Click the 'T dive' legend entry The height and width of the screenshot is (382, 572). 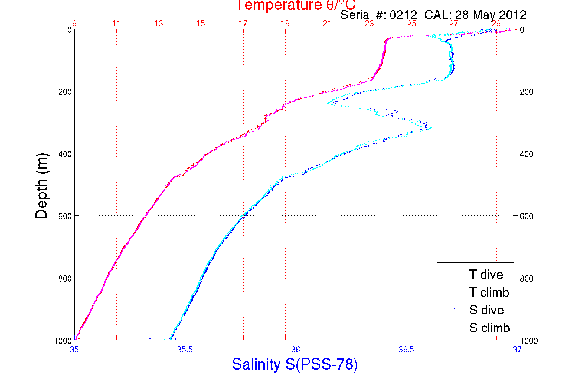coord(486,275)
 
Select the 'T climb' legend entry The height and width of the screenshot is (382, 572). coord(489,292)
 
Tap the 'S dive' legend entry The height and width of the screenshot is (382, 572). coord(486,310)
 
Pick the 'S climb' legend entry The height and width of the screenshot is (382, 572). coord(489,328)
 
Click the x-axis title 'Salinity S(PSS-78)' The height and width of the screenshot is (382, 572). coord(295,364)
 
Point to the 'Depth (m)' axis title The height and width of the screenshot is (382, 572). coord(42,186)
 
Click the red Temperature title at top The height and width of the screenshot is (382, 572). coord(296,5)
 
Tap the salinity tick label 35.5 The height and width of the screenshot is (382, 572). coord(185,350)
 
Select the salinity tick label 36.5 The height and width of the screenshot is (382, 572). coord(406,350)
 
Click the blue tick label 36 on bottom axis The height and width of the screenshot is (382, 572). coord(296,350)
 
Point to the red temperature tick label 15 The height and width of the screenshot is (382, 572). coord(201,24)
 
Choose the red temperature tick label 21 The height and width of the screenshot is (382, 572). coord(327,24)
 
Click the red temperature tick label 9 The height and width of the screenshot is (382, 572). coord(74,24)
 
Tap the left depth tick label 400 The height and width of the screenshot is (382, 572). coord(65,154)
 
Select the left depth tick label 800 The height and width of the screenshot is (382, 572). coord(65,278)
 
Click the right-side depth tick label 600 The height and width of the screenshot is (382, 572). coord(526,216)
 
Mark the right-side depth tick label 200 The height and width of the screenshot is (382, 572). coord(526,92)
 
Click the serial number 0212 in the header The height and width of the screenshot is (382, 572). coord(403,15)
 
